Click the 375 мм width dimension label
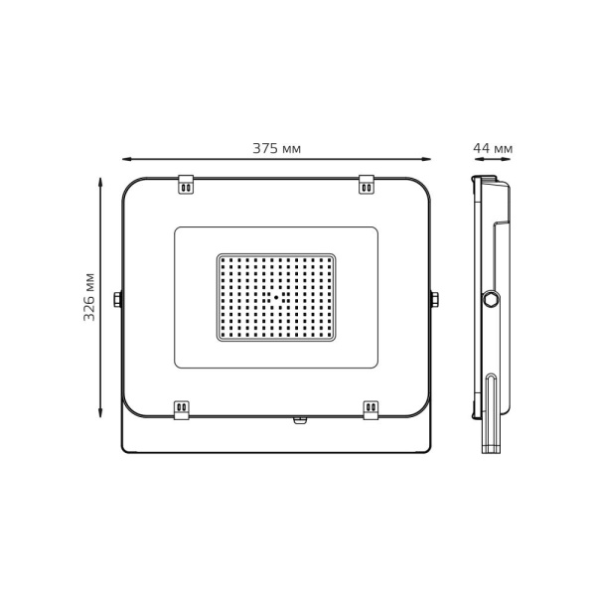(x=276, y=149)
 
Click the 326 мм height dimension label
(x=89, y=296)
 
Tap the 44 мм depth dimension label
(x=493, y=149)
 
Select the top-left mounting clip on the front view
(x=186, y=185)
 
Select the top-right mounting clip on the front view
(x=367, y=185)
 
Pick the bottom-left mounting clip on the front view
(x=182, y=409)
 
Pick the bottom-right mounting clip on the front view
(x=371, y=409)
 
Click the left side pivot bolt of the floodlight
(x=118, y=299)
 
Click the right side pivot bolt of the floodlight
(x=434, y=299)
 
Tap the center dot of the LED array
(x=276, y=297)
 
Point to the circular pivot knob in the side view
(x=491, y=299)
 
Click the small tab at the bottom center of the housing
(x=300, y=420)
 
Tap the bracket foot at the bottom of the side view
(x=491, y=449)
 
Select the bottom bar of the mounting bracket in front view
(x=276, y=451)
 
